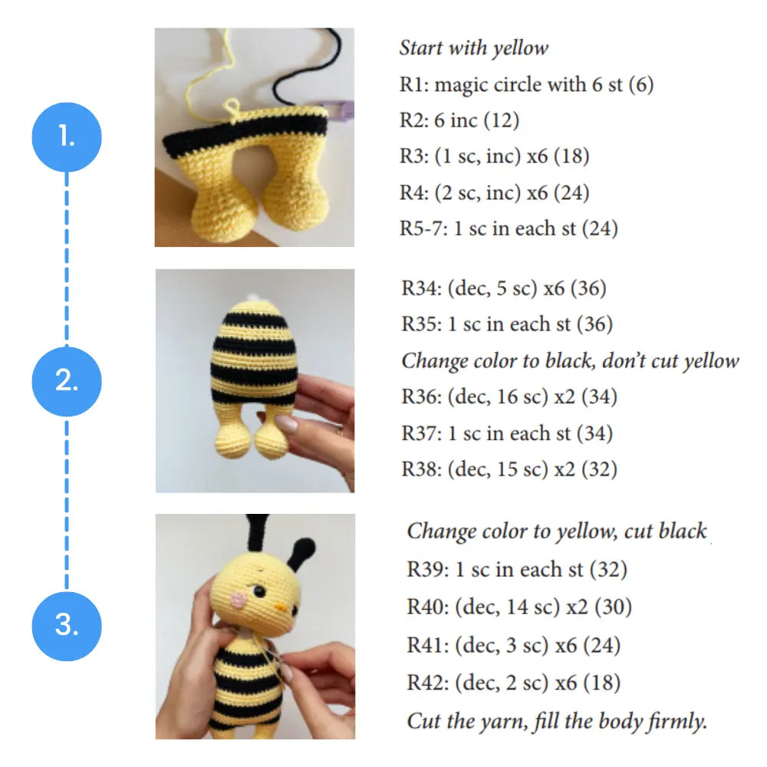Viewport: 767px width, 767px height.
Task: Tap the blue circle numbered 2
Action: click(x=67, y=381)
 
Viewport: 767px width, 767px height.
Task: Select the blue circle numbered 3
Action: click(x=67, y=625)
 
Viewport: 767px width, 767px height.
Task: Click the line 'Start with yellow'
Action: click(x=473, y=48)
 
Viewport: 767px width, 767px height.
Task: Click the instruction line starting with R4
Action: click(x=494, y=192)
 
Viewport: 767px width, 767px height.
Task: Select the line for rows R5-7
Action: click(x=508, y=228)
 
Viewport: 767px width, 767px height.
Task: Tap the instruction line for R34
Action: click(x=503, y=288)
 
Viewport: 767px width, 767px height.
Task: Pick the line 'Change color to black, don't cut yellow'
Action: click(x=570, y=360)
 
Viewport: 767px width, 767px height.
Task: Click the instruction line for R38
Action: click(x=509, y=469)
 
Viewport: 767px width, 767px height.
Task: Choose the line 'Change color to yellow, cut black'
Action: click(x=556, y=532)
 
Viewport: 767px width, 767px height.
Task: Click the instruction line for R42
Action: click(x=513, y=682)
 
